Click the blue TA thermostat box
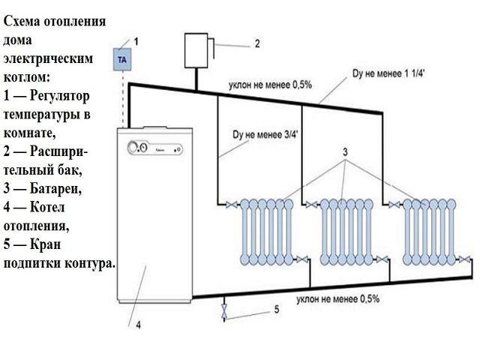coord(122,59)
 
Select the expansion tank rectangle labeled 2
coord(196,50)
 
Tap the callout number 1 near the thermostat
coord(136,41)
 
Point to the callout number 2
coord(257,43)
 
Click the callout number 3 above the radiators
coord(345,151)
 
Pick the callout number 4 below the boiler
coord(138,325)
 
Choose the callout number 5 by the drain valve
coord(277,310)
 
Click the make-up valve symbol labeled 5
coord(225,311)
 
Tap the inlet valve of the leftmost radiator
coord(232,204)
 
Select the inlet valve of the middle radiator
coord(312,204)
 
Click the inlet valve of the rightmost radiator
coord(394,204)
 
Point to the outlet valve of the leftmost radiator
coord(303,259)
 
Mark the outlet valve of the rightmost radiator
coord(465,259)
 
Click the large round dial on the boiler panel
coord(133,148)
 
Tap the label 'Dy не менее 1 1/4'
coord(388,73)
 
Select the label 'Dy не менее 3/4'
coord(265,135)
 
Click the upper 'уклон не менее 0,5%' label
coord(270,85)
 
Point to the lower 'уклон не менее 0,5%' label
coord(338,298)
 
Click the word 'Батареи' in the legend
coord(55,188)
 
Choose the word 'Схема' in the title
coord(22,22)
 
